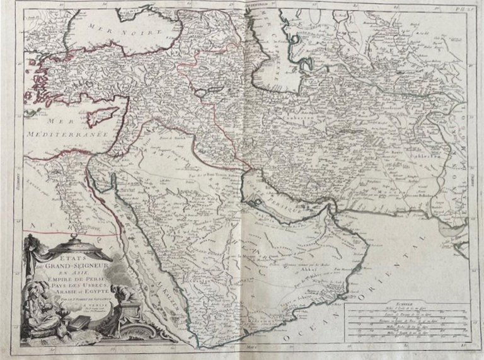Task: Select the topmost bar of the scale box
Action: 410,311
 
